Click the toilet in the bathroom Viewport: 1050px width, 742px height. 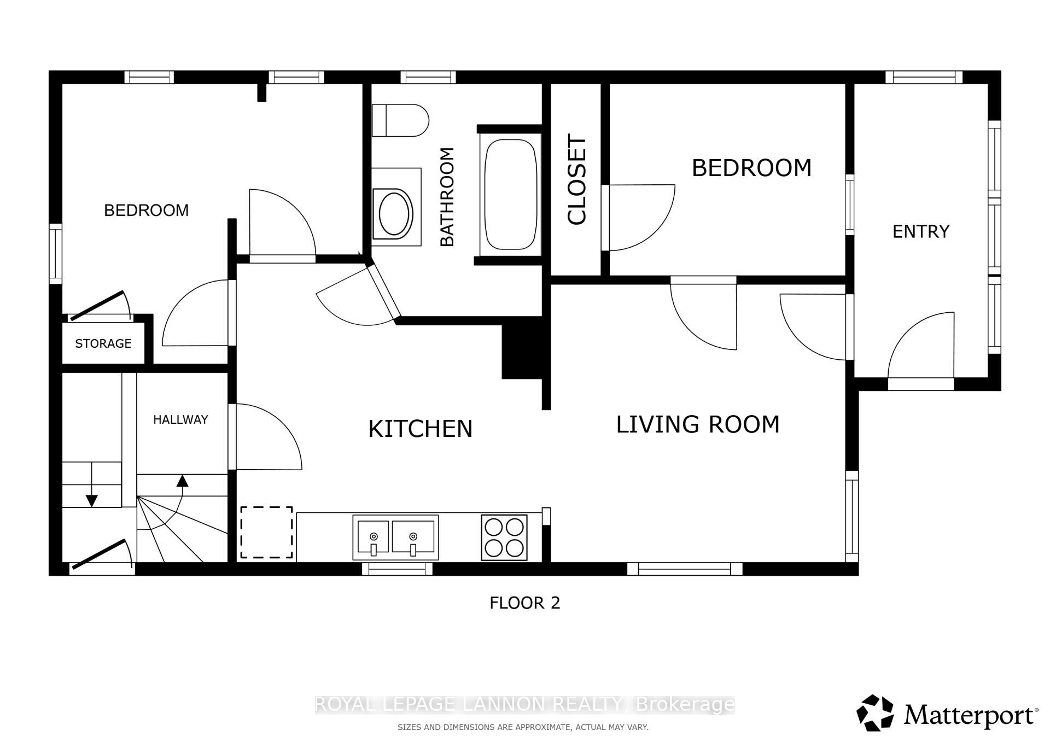[400, 120]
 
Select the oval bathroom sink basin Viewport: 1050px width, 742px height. [394, 213]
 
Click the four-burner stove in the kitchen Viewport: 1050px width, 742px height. [504, 537]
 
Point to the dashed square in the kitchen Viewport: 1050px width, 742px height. [266, 533]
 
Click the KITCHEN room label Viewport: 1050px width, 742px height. [421, 429]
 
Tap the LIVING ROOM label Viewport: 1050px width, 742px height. [698, 424]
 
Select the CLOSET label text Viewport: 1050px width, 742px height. [577, 179]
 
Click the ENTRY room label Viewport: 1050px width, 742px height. [921, 232]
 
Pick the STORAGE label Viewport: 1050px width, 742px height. [103, 343]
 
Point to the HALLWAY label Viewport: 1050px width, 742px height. [180, 419]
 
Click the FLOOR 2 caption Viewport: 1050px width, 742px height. [525, 603]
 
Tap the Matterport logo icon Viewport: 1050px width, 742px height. [875, 713]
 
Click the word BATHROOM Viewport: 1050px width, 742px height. [447, 197]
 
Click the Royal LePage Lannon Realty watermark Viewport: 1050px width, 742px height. [525, 704]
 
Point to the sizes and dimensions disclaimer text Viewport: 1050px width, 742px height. [523, 727]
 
